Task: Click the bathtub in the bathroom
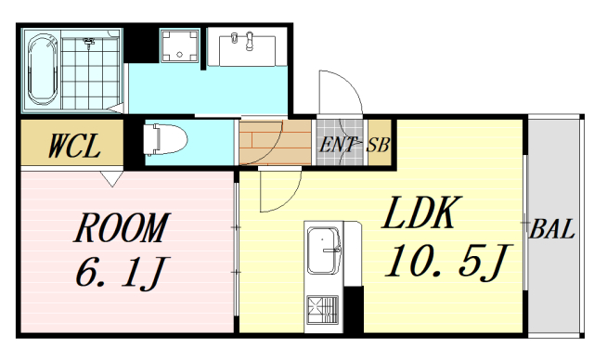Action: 43,69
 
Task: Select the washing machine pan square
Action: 178,47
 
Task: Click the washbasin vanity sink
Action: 247,45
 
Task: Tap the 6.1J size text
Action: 122,273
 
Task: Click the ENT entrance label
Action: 337,144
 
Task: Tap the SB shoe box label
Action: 378,144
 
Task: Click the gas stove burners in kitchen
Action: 324,305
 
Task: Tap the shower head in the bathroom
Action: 90,42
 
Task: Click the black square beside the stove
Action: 353,308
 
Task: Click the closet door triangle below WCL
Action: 112,177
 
